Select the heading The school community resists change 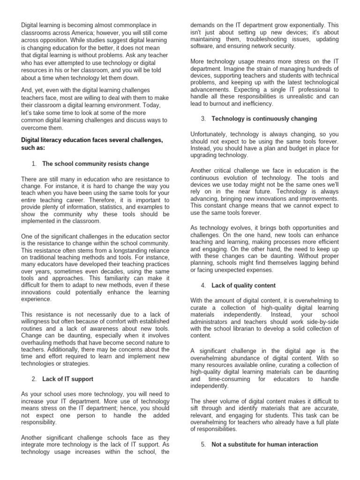click(x=96, y=164)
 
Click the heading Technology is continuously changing click(x=264, y=119)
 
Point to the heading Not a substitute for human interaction click(x=264, y=444)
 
